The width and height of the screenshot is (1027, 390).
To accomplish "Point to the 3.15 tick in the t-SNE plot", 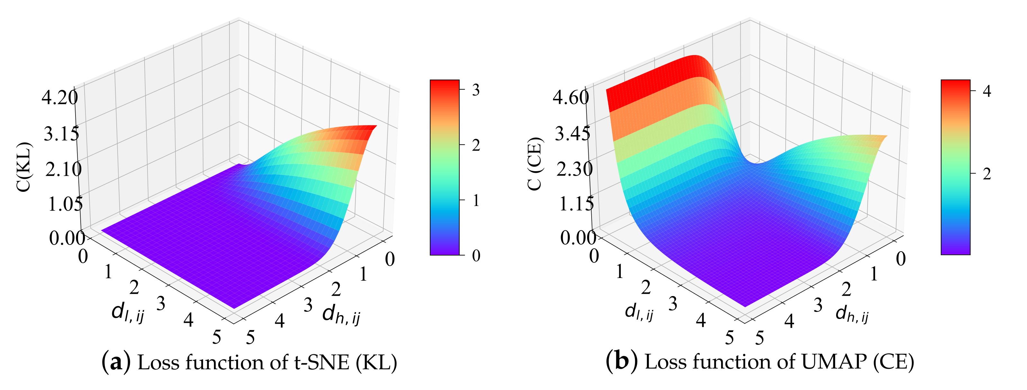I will coord(61,134).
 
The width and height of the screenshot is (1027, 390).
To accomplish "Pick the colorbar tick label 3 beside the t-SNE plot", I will coord(476,90).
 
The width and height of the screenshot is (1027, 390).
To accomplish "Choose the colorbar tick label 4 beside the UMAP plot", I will coord(987,91).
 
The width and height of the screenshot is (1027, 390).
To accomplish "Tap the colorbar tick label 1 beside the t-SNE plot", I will coord(476,200).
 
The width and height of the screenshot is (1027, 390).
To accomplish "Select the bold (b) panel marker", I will coord(621,362).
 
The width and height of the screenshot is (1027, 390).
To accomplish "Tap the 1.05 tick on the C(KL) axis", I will coord(65,204).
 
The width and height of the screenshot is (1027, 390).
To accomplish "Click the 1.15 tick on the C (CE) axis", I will coord(576,204).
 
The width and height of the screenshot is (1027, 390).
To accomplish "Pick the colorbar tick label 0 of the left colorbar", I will coord(476,256).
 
